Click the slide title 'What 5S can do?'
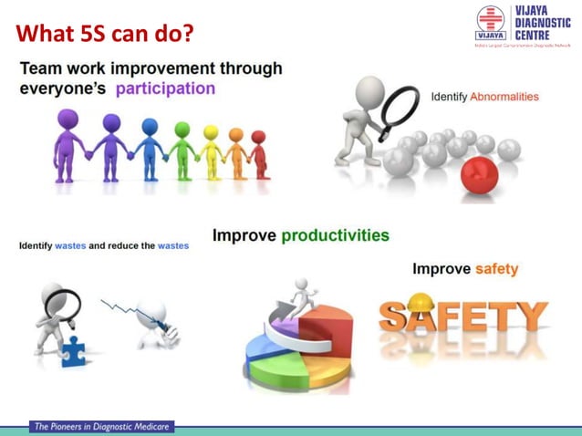(x=106, y=34)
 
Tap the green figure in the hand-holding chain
(x=182, y=148)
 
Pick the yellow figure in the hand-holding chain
(x=211, y=151)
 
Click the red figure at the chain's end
(x=259, y=153)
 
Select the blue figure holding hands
(x=149, y=146)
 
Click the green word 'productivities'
(x=335, y=235)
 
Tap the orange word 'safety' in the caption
(x=496, y=269)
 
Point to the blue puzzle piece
(x=71, y=349)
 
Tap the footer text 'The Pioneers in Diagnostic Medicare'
(x=101, y=426)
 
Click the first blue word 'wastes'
(x=70, y=246)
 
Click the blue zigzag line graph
(x=122, y=310)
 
